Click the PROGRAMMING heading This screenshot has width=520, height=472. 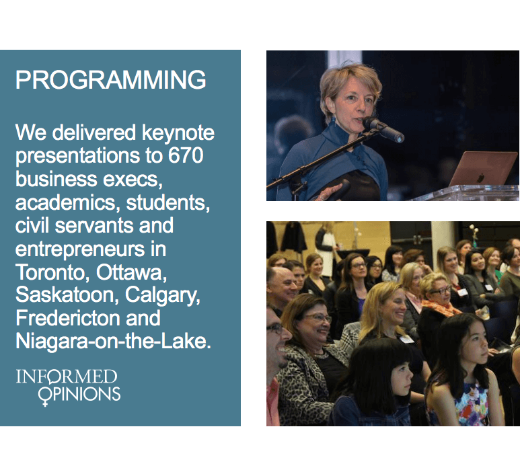[x=111, y=79]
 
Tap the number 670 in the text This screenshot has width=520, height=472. [x=186, y=155]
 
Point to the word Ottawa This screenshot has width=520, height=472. [x=131, y=272]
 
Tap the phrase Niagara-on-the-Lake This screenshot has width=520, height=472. [x=113, y=341]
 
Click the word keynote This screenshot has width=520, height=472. [x=178, y=133]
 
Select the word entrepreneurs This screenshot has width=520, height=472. [x=80, y=249]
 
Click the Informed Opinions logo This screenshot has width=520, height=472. [x=69, y=387]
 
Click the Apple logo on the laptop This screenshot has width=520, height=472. [x=481, y=178]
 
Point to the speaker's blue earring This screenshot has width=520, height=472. [x=333, y=120]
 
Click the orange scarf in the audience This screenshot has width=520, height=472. [x=441, y=307]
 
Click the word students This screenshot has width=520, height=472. [x=168, y=202]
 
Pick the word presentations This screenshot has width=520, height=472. [x=77, y=156]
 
